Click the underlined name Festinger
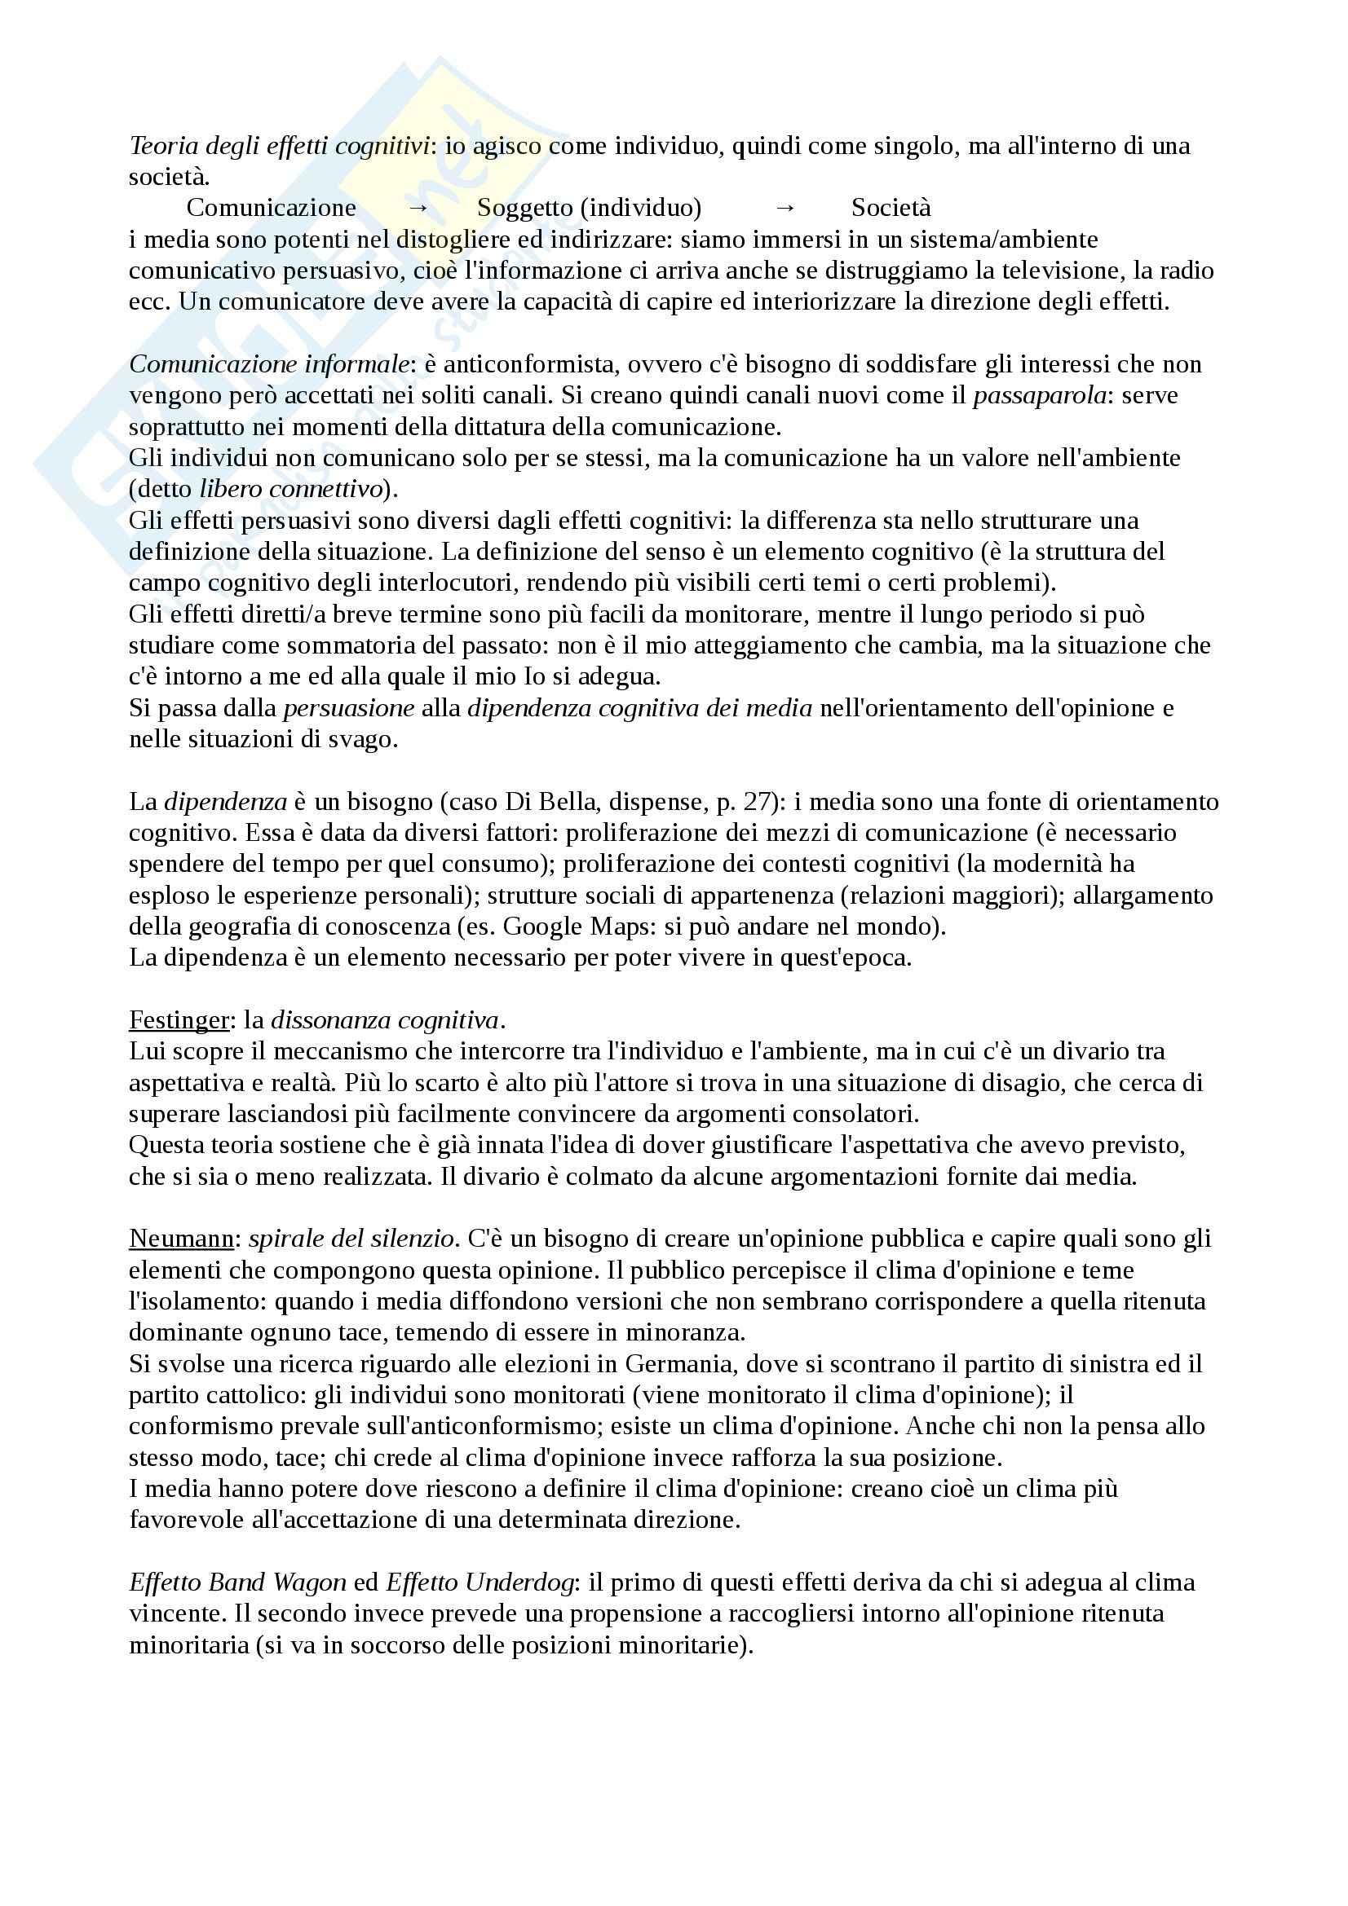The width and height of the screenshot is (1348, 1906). [179, 1019]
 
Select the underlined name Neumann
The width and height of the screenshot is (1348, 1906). [182, 1239]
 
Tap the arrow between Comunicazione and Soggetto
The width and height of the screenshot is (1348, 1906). [418, 208]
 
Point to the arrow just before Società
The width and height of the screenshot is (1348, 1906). [784, 208]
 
